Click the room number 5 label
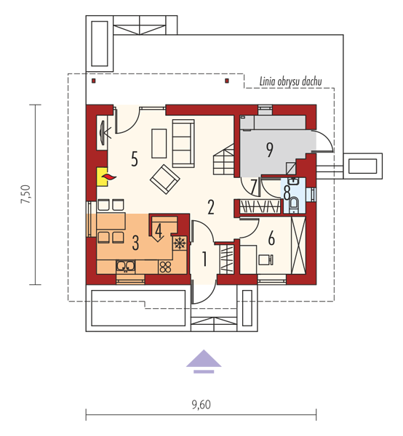click(135, 159)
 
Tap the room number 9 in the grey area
click(269, 150)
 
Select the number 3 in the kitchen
click(135, 243)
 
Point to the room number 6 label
click(271, 238)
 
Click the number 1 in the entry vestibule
click(204, 259)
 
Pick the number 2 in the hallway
click(211, 207)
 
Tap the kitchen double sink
click(126, 267)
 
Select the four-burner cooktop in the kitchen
click(165, 267)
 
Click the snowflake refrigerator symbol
click(180, 243)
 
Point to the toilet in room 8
click(294, 204)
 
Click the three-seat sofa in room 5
click(183, 143)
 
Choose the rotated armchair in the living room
click(164, 179)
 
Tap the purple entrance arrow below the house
click(204, 360)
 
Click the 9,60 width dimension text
click(201, 405)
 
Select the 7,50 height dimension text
click(26, 194)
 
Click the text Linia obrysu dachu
click(290, 81)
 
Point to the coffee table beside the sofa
click(159, 143)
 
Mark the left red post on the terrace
click(94, 81)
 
